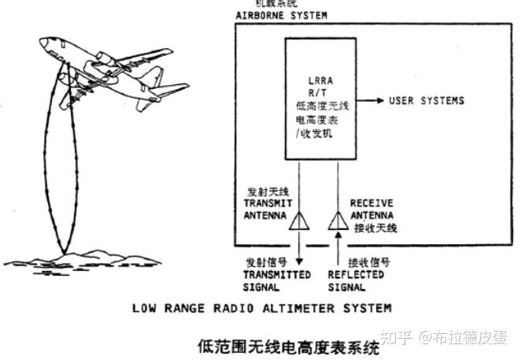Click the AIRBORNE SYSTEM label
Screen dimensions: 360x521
point(282,16)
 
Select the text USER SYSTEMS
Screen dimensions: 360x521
point(427,101)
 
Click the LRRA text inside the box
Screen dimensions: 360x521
point(323,80)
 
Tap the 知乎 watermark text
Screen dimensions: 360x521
point(396,338)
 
